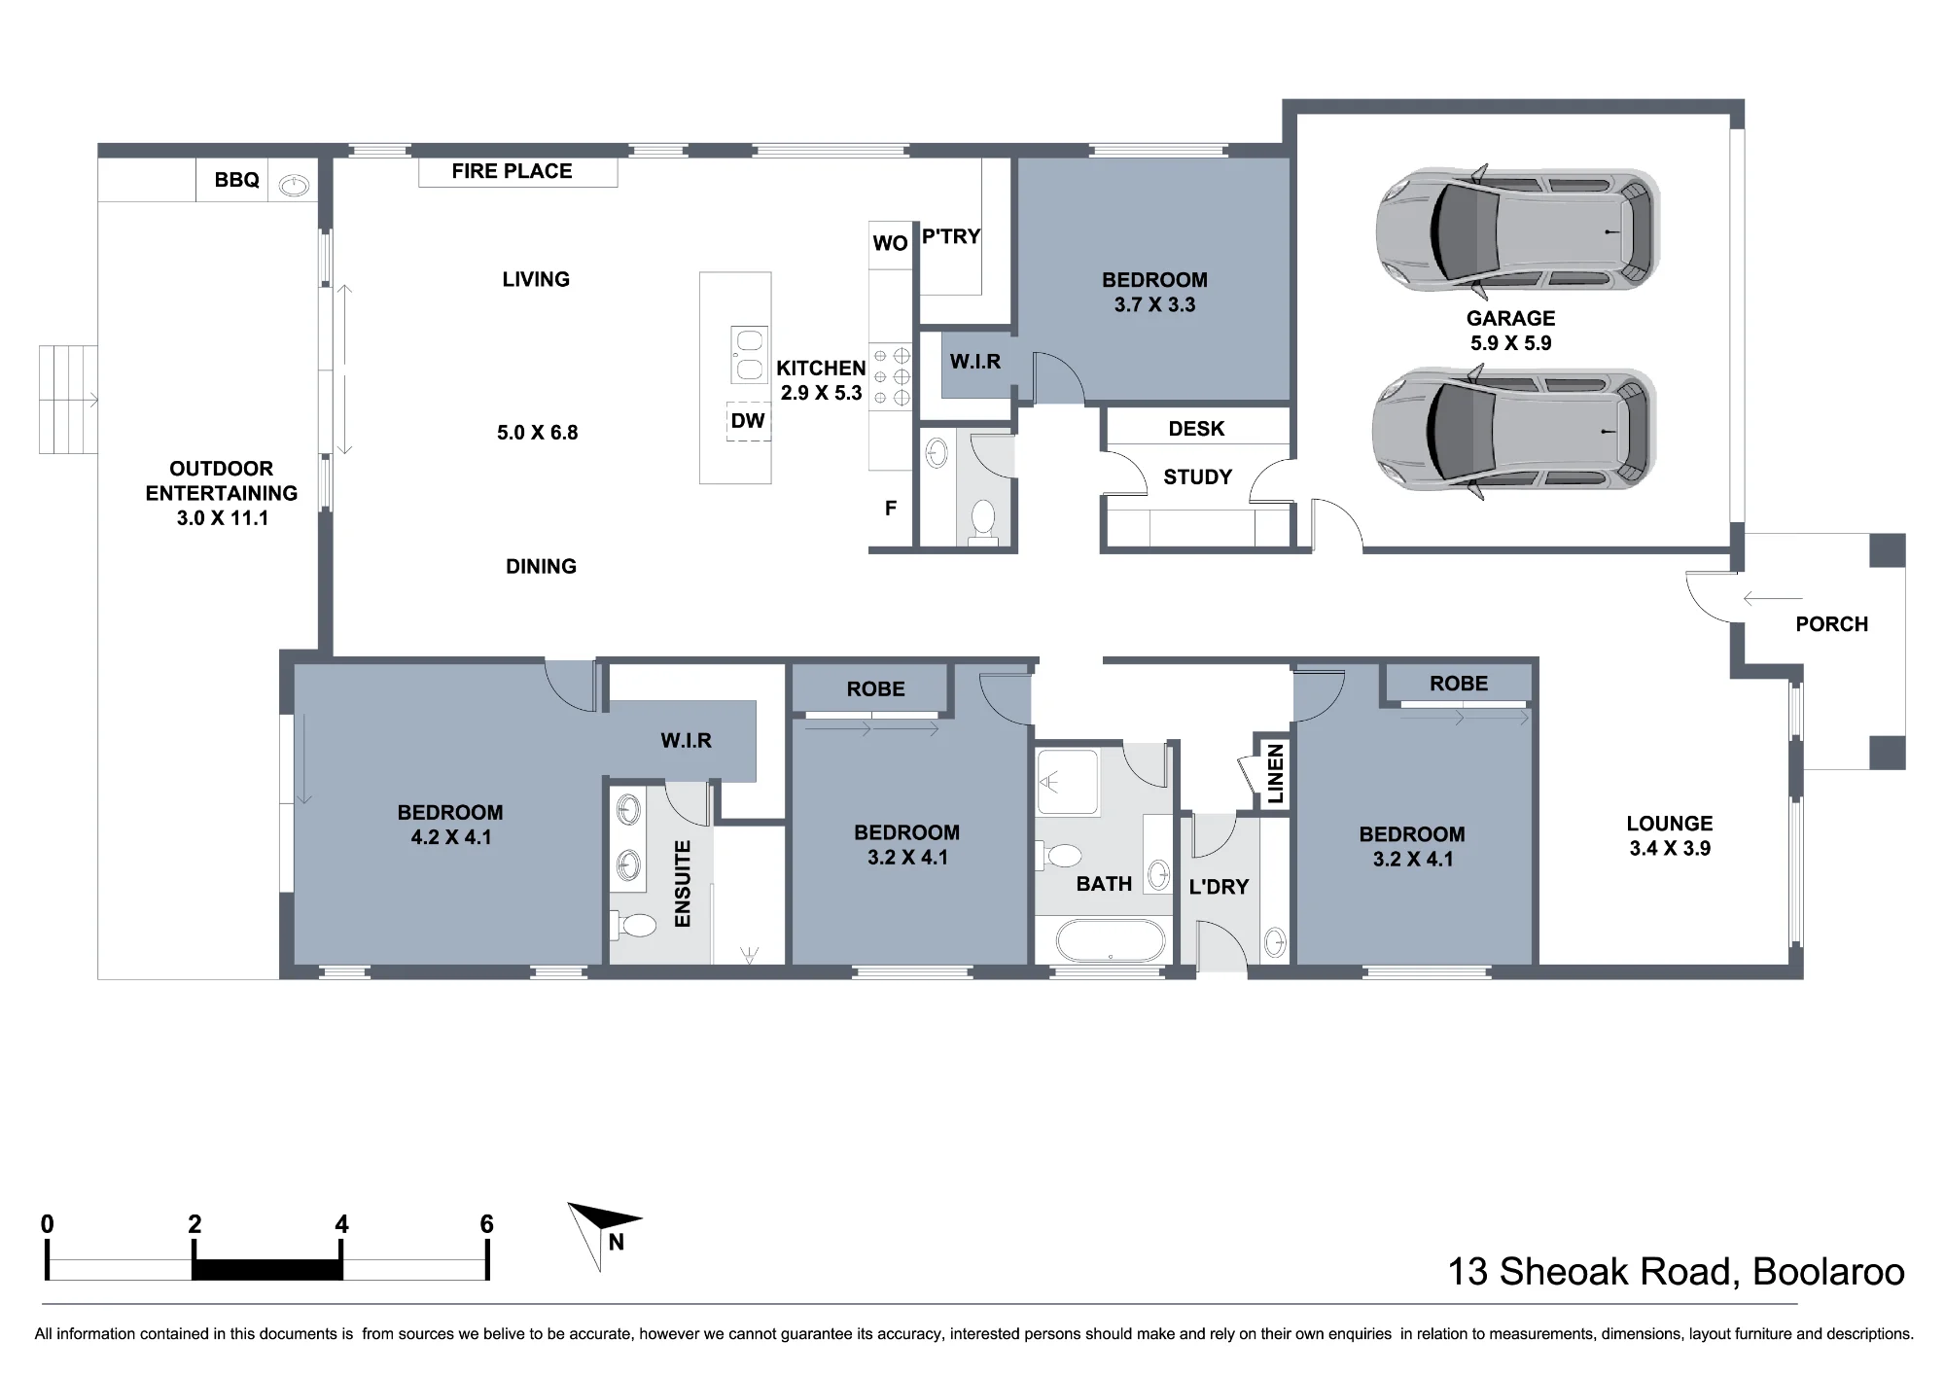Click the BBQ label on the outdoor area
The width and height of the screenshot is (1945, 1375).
pyautogui.click(x=237, y=180)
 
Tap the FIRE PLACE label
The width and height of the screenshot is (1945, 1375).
pyautogui.click(x=512, y=171)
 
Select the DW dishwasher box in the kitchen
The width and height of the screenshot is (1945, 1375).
pyautogui.click(x=748, y=421)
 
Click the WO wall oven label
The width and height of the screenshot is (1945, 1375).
pyautogui.click(x=890, y=243)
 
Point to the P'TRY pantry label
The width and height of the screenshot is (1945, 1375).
pyautogui.click(x=951, y=236)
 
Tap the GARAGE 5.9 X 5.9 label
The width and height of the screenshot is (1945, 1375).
pyautogui.click(x=1511, y=331)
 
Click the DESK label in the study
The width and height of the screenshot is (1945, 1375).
pyautogui.click(x=1196, y=429)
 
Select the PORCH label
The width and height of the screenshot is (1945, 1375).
pyautogui.click(x=1832, y=624)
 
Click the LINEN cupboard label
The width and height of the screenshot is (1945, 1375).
pyautogui.click(x=1275, y=774)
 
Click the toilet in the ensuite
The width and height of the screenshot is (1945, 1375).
pyautogui.click(x=633, y=924)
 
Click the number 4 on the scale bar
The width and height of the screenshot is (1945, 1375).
pyautogui.click(x=341, y=1224)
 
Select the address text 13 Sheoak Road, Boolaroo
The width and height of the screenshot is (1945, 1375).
pyautogui.click(x=1677, y=1272)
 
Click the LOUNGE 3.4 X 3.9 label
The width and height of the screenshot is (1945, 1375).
pyautogui.click(x=1670, y=835)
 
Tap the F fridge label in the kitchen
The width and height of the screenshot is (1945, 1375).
pyautogui.click(x=890, y=508)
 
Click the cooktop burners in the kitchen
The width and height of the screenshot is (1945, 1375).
pyautogui.click(x=891, y=377)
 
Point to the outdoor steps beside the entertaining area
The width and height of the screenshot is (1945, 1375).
pyautogui.click(x=68, y=400)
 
